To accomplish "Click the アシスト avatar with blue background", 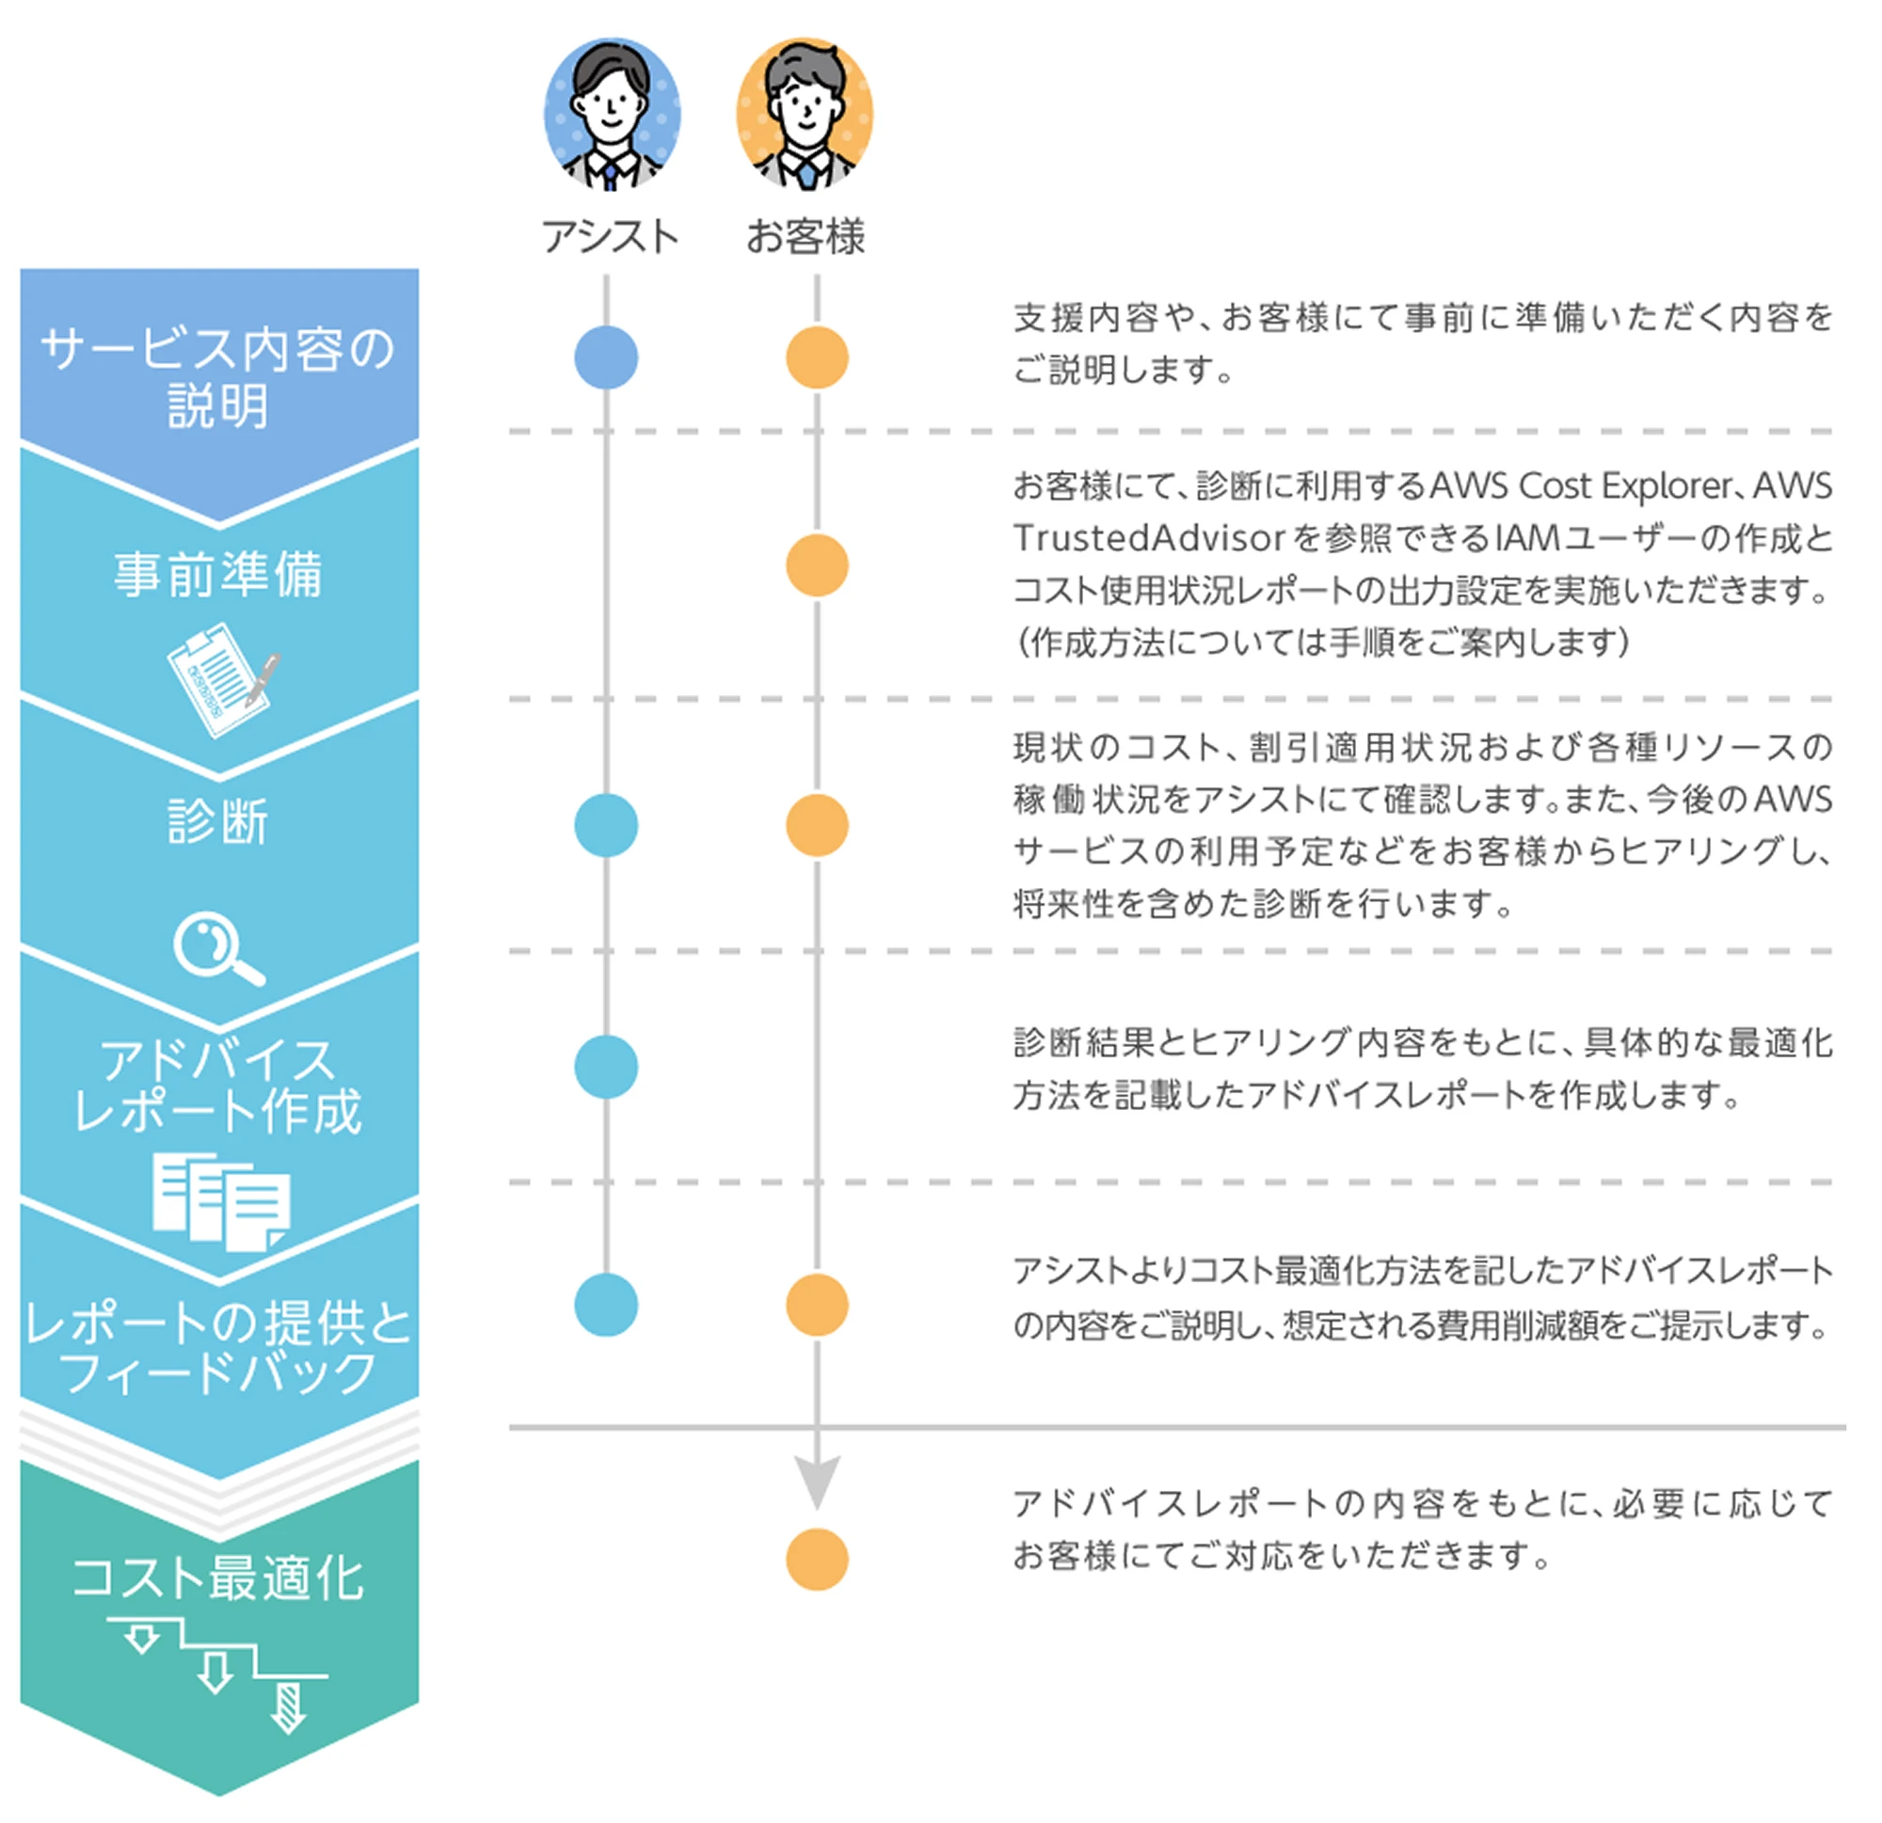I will click(612, 113).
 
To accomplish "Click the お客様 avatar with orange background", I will click(805, 113).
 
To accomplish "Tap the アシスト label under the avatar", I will click(611, 236).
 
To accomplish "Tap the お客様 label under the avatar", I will click(805, 236).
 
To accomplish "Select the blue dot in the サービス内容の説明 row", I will click(606, 358).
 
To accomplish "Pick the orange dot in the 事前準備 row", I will click(817, 565).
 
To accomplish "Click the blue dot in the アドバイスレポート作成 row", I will click(606, 1067).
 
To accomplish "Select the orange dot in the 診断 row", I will click(817, 826).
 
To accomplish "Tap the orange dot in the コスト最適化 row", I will click(817, 1559).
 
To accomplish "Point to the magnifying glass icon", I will click(217, 949).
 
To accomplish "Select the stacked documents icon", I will click(221, 1202).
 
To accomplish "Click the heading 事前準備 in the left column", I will click(218, 574).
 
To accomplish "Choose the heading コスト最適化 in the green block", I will click(218, 1577).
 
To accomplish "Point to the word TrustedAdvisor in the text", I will click(1148, 539).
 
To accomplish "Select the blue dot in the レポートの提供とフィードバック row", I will click(606, 1305).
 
